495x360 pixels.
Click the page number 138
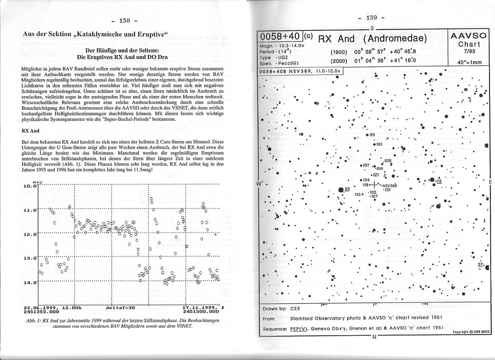[125, 20]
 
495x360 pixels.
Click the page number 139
[371, 17]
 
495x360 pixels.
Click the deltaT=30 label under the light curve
[122, 307]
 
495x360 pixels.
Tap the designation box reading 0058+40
[280, 36]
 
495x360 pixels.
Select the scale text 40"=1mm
[469, 62]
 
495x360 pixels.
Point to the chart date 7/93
[469, 51]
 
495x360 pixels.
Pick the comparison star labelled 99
[372, 135]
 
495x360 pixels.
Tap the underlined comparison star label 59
[347, 189]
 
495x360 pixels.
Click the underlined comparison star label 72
[439, 181]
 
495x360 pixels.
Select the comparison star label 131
[387, 190]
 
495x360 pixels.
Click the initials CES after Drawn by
[295, 308]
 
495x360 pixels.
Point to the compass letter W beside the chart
[260, 183]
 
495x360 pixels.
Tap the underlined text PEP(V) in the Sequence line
[299, 328]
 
